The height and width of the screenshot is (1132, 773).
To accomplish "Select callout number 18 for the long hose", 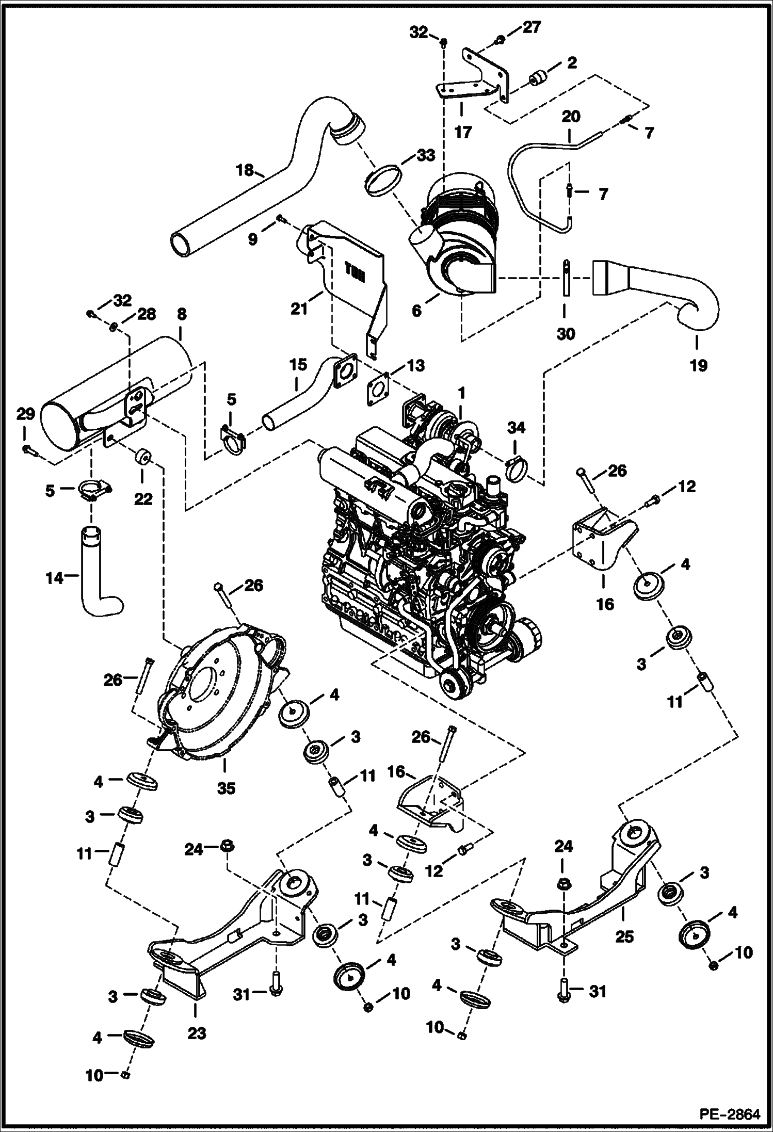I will [x=246, y=169].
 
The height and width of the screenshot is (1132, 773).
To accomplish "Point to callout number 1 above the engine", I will [x=461, y=394].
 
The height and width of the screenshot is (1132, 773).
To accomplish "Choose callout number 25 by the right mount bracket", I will [x=624, y=936].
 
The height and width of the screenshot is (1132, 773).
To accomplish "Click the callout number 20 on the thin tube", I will [x=571, y=117].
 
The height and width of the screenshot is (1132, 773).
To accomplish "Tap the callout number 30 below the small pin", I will [x=565, y=334].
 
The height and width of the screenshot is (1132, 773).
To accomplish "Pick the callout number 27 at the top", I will [x=532, y=27].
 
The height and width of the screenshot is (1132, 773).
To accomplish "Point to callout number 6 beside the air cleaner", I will [x=417, y=310].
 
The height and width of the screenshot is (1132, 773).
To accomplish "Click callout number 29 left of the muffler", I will [x=26, y=413].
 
